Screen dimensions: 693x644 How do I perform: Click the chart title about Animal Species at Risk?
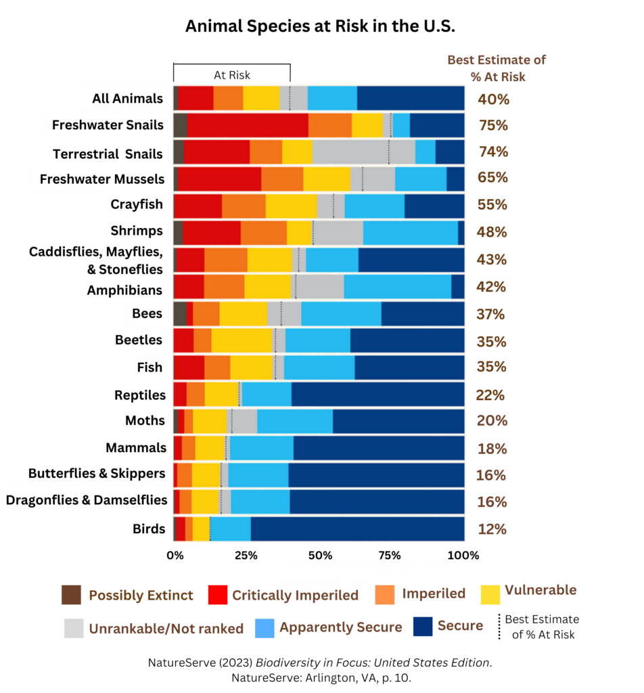(320, 27)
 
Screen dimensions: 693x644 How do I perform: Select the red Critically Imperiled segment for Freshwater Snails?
(248, 125)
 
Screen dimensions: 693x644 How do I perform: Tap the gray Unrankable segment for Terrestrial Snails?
(363, 152)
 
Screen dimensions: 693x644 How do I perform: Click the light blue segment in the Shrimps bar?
(410, 232)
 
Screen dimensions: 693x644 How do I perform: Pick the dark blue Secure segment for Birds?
(357, 529)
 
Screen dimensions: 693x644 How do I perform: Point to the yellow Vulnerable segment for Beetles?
(241, 340)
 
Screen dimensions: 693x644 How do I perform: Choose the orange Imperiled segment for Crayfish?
(244, 205)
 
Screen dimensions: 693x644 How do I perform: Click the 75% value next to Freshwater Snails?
(493, 126)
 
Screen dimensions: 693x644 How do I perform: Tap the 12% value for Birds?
(492, 529)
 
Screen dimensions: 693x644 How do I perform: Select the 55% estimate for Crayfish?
(492, 205)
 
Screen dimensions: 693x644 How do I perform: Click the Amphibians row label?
(125, 290)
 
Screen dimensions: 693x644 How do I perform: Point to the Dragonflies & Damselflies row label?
(87, 500)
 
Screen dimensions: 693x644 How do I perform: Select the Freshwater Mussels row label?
(102, 179)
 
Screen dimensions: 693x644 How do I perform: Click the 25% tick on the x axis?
(246, 555)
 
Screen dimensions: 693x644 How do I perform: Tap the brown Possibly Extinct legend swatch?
(70, 596)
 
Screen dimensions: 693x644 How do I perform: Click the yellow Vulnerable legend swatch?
(490, 594)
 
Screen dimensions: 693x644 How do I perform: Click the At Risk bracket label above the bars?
(231, 75)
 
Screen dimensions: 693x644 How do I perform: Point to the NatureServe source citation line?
(321, 663)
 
